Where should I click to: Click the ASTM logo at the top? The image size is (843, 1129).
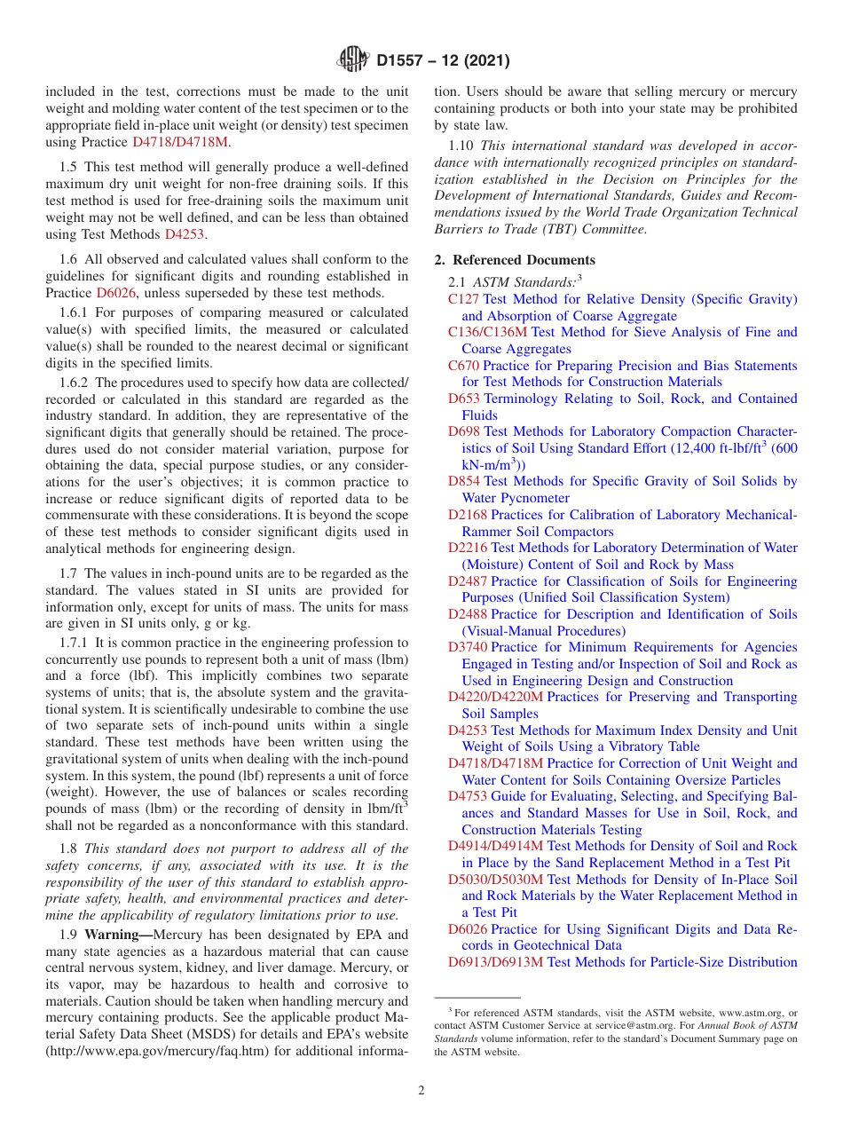click(x=353, y=60)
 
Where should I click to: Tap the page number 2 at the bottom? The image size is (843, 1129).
click(x=421, y=1090)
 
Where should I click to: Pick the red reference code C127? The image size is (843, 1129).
click(x=463, y=299)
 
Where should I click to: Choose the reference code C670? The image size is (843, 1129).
click(x=463, y=366)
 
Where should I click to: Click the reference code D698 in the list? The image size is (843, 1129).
click(x=463, y=431)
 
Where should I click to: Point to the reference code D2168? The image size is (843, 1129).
click(x=467, y=515)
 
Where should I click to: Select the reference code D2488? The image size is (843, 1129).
click(x=467, y=614)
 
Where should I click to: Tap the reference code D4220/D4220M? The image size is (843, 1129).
click(x=495, y=697)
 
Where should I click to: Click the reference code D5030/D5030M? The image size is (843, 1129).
click(x=495, y=880)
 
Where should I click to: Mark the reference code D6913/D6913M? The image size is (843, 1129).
click(x=495, y=962)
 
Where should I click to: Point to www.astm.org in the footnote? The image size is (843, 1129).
click(x=752, y=1013)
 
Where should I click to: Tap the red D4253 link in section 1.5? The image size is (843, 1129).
click(x=184, y=234)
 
